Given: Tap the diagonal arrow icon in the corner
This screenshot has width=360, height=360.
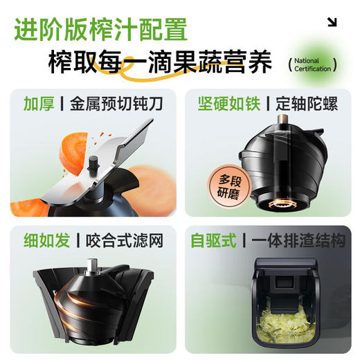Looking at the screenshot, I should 332,22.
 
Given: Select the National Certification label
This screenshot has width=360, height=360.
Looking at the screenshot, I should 312,65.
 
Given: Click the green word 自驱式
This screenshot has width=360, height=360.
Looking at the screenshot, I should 214,241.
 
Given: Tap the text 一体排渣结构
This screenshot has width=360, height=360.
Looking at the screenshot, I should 298,241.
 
